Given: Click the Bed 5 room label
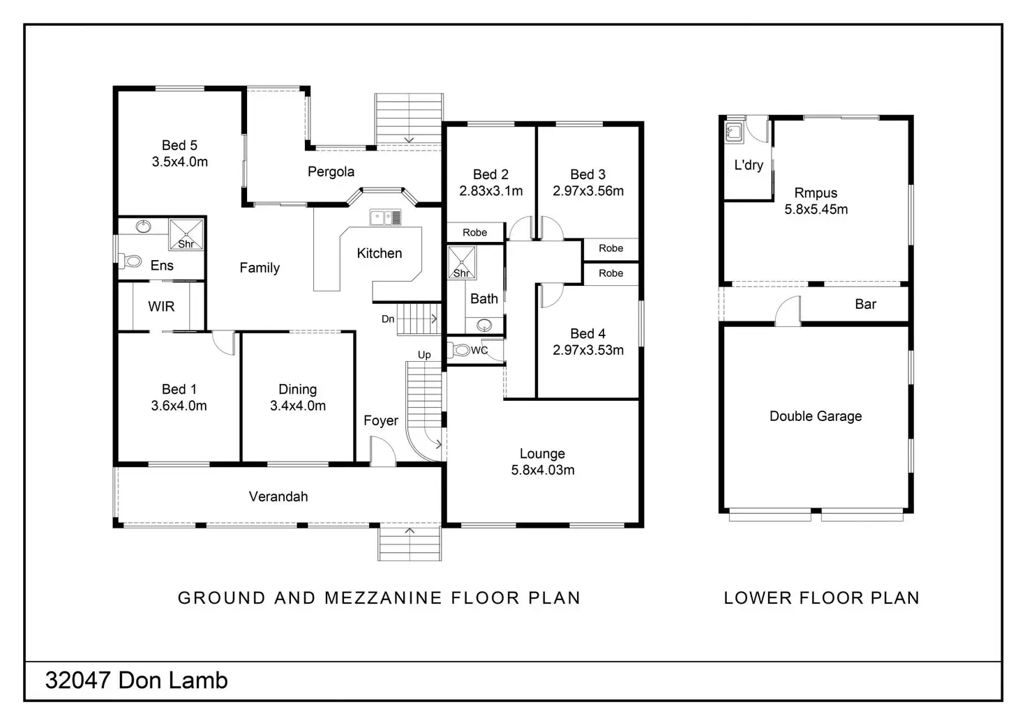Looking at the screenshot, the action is [179, 145].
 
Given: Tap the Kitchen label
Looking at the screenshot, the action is [379, 253].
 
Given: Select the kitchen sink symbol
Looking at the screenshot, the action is [385, 218].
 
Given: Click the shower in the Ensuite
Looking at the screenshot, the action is [186, 234].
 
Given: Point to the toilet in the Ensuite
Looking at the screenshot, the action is [130, 261].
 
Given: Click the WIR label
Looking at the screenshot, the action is [161, 306].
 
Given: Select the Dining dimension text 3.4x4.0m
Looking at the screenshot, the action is [298, 406].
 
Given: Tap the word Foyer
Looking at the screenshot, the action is [381, 420].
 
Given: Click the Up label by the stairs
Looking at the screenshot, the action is [424, 355].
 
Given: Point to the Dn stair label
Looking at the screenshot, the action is [388, 319].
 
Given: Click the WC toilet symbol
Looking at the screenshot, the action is [461, 350].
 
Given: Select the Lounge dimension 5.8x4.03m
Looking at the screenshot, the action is [543, 470].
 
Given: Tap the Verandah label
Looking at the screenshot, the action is [278, 496].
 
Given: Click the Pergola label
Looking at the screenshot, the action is [331, 171].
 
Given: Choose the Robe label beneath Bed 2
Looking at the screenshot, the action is [475, 233].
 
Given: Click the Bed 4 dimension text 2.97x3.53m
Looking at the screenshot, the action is [588, 350].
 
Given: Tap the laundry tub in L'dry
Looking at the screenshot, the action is [733, 132].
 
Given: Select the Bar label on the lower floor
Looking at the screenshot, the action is [865, 304].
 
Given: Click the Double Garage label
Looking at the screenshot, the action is [816, 416].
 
